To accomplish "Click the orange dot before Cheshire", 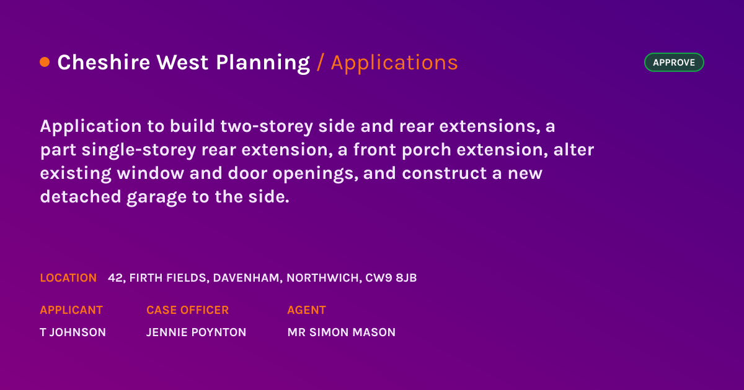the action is tap(45, 62).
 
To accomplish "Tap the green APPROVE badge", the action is tap(674, 63).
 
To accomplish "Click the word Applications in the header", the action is tap(394, 63).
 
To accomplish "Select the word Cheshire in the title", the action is tap(104, 62).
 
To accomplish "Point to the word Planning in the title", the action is tap(263, 63).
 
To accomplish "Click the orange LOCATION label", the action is tap(68, 278).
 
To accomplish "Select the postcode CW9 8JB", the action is tap(391, 278).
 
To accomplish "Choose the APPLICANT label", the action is tap(71, 310).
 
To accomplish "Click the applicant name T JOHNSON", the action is tap(73, 332).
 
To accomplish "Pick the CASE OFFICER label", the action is tap(188, 310).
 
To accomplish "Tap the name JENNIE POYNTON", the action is tap(197, 332).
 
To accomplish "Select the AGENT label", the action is tap(306, 310).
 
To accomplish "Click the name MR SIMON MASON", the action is tap(342, 332).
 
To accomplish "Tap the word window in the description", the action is tap(151, 173).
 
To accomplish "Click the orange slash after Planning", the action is tap(320, 63).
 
